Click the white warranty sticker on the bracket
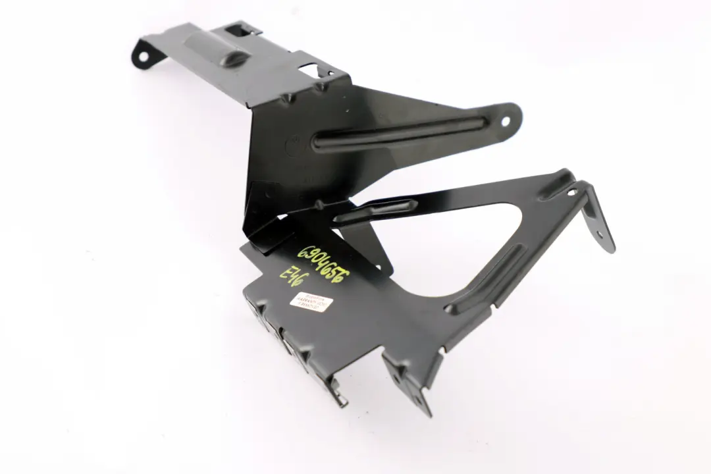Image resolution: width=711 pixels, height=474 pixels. click(x=307, y=304)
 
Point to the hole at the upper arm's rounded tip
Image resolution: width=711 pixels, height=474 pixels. click(x=506, y=120)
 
